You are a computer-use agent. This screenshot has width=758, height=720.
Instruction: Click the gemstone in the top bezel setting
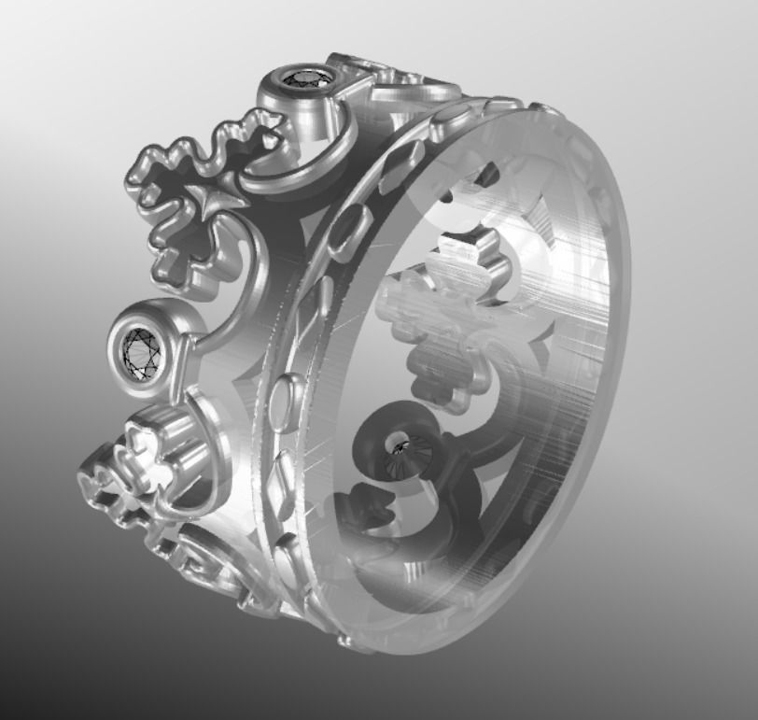coord(308,78)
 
